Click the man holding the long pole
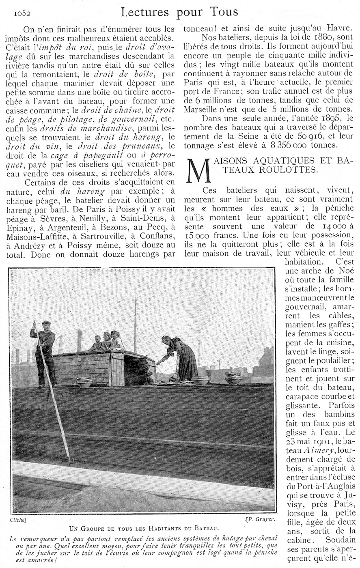[44, 349]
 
